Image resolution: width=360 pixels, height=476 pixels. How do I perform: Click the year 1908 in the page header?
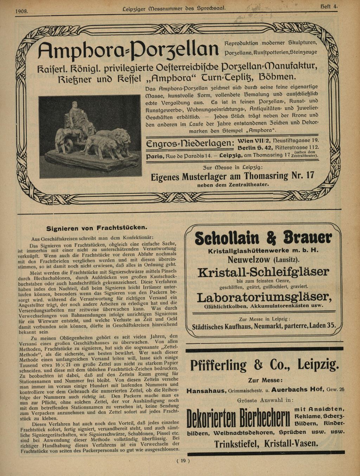pos(22,11)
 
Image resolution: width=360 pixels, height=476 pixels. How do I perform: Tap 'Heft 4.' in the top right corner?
pos(329,6)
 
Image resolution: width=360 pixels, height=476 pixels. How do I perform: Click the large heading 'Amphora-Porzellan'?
pos(129,50)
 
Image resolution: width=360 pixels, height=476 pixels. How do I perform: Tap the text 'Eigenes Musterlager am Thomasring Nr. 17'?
pos(232,176)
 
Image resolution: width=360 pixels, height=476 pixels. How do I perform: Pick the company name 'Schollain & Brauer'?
pos(263,238)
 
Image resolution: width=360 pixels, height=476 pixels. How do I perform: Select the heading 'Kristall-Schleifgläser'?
pos(263,272)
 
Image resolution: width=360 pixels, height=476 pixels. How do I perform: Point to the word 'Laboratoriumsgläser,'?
pos(264,297)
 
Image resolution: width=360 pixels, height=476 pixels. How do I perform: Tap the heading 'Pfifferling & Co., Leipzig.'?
pos(264,365)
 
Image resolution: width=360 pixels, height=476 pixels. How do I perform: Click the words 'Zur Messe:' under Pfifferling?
pos(265,380)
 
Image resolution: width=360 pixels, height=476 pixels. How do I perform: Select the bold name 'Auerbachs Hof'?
pos(297,390)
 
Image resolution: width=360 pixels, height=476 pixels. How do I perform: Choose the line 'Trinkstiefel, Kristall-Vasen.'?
pos(266,444)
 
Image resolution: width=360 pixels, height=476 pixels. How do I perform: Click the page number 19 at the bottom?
pos(183,461)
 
